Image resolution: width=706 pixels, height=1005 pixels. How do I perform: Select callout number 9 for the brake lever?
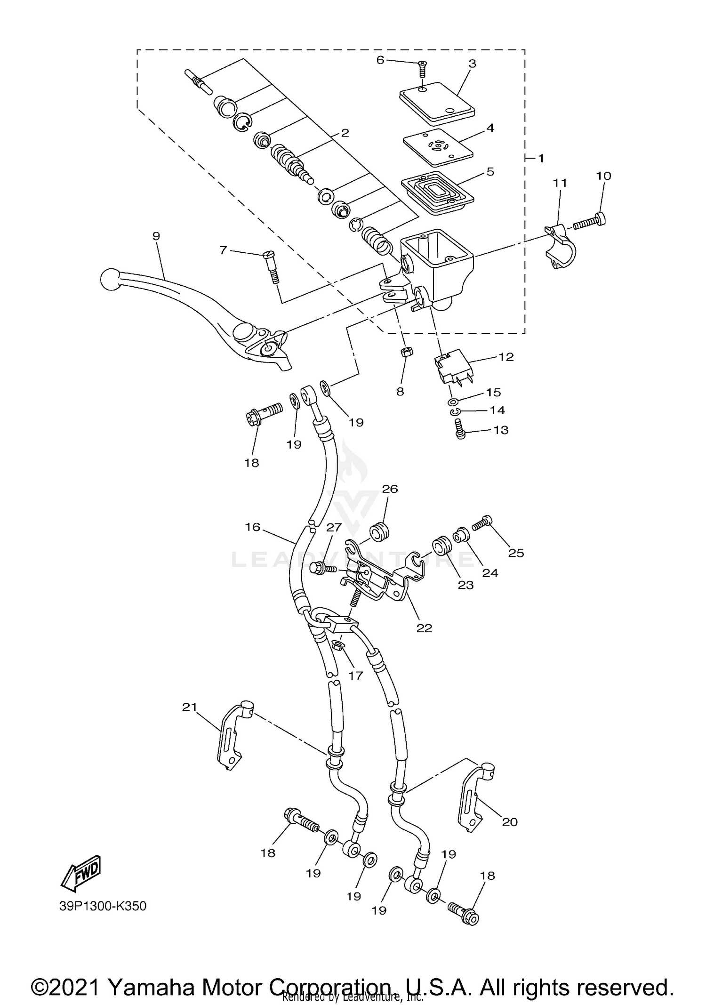coord(156,236)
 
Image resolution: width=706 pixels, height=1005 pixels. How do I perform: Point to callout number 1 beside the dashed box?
coord(541,158)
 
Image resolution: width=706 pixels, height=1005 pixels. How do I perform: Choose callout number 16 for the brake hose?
coord(253,527)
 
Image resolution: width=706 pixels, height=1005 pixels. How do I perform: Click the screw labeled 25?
coord(482,523)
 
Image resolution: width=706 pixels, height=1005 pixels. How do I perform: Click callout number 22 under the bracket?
coord(424,628)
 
